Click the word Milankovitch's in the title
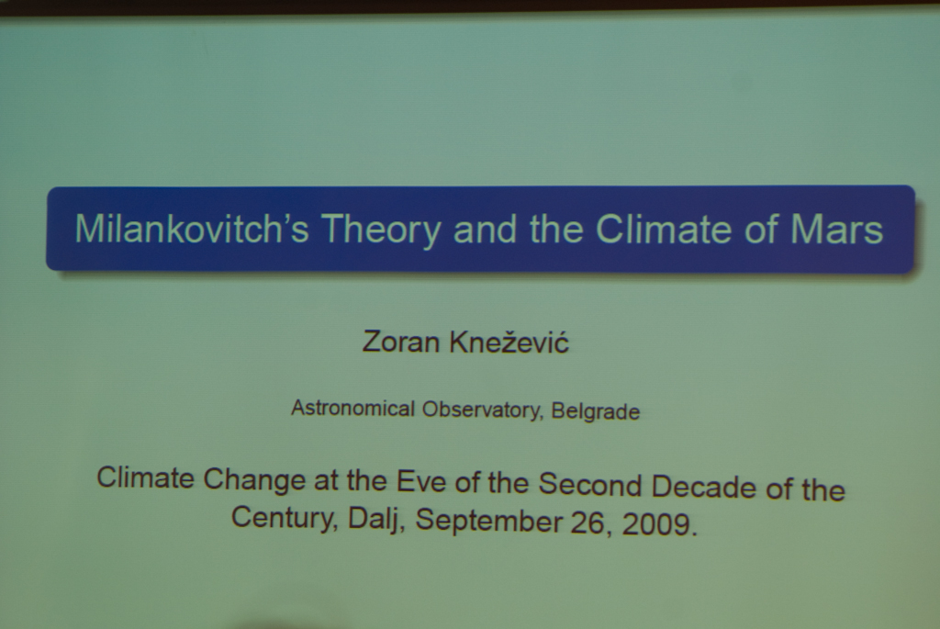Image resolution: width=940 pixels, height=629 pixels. pos(191,229)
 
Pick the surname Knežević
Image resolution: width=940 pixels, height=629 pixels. pos(509,342)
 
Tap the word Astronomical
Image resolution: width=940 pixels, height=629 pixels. pos(352,409)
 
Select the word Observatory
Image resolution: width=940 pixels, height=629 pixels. pos(483,410)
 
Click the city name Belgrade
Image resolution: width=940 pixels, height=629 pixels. pos(595,412)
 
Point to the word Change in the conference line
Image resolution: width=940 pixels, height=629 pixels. pos(254,479)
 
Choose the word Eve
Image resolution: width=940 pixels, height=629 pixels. pos(420,481)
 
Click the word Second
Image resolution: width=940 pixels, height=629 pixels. pos(590,485)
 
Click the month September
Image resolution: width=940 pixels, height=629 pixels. pos(488,521)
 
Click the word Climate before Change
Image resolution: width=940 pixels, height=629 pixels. pos(146,477)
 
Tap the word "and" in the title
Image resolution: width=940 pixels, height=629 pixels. pos(485,229)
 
